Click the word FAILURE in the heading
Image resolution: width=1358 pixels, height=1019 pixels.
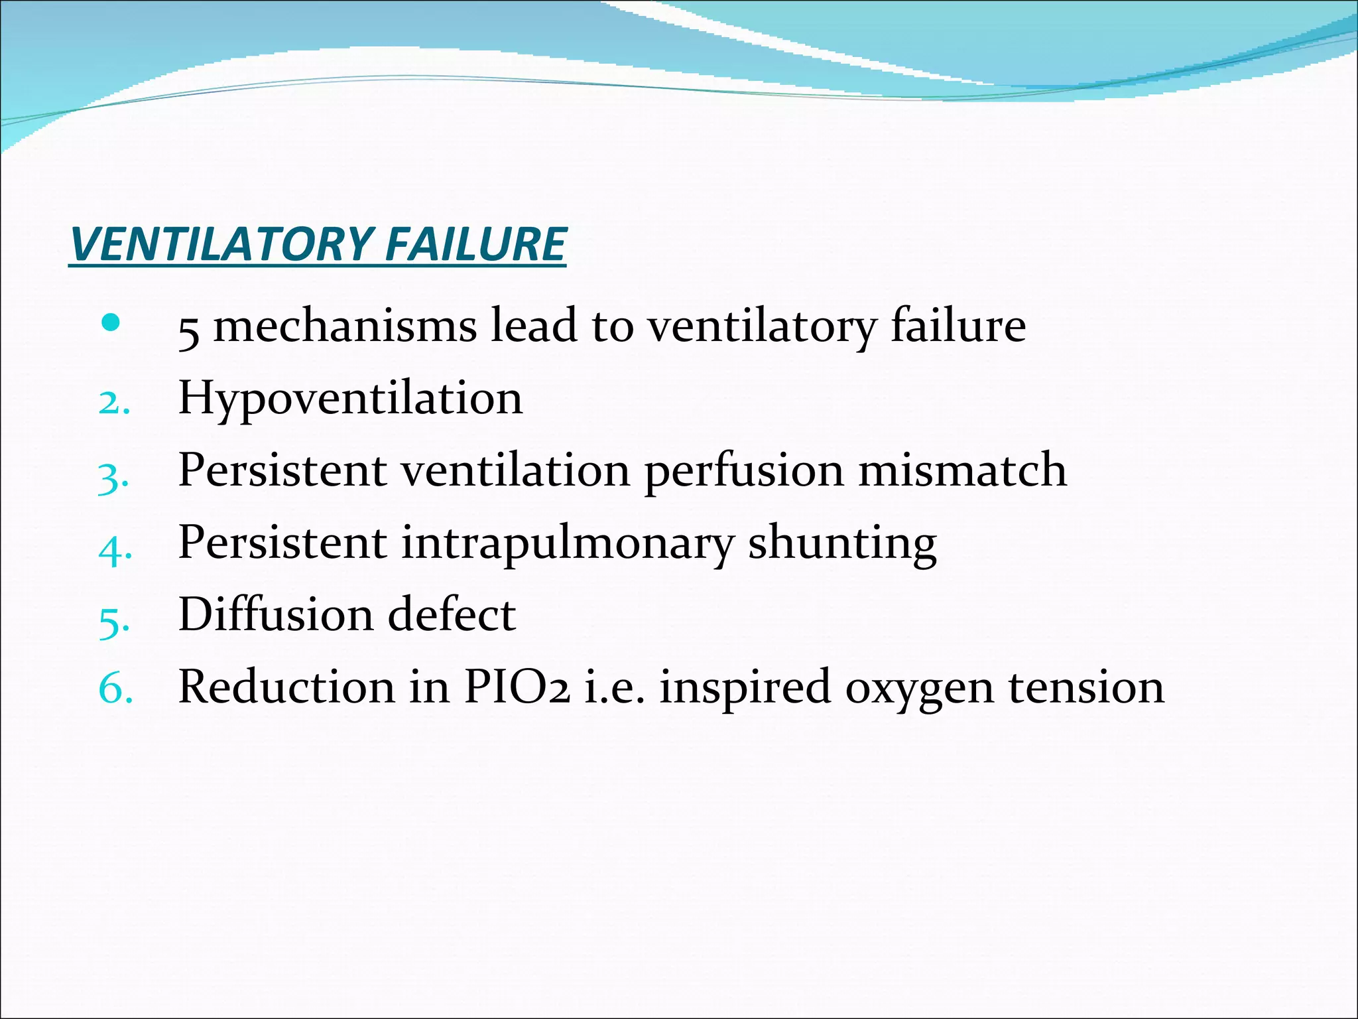(x=475, y=243)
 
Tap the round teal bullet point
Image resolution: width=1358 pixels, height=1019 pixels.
(x=111, y=324)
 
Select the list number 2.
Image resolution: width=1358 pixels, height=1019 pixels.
(x=113, y=402)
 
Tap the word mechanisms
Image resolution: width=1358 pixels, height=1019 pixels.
(x=345, y=326)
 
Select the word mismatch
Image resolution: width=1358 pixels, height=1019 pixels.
(x=962, y=470)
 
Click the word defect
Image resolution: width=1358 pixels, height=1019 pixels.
(x=451, y=614)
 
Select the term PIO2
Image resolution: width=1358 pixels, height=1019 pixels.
(x=516, y=687)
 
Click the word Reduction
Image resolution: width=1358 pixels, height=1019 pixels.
(x=286, y=687)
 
